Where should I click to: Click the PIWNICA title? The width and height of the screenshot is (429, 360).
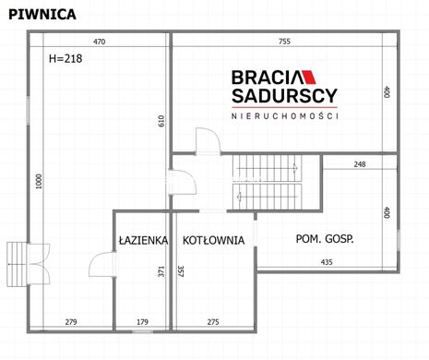pyautogui.click(x=42, y=15)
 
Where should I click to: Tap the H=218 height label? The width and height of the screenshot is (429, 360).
pyautogui.click(x=66, y=58)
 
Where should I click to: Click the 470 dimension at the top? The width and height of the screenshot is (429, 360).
pyautogui.click(x=99, y=42)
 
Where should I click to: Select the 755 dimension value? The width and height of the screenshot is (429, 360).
pyautogui.click(x=284, y=42)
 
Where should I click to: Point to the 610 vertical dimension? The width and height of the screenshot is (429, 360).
pyautogui.click(x=161, y=121)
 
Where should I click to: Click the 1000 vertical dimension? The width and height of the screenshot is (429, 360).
pyautogui.click(x=39, y=182)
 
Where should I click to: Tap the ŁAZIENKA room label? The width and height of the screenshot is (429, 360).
pyautogui.click(x=143, y=240)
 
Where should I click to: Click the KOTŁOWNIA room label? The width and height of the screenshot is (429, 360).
pyautogui.click(x=213, y=240)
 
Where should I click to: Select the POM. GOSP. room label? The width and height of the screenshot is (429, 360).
pyautogui.click(x=325, y=239)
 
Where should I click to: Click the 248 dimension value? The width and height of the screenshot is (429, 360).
pyautogui.click(x=360, y=164)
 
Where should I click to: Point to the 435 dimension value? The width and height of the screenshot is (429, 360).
pyautogui.click(x=327, y=262)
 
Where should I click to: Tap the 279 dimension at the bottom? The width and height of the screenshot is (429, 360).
pyautogui.click(x=71, y=322)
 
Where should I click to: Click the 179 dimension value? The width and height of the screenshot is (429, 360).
pyautogui.click(x=142, y=322)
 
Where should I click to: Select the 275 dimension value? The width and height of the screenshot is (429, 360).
pyautogui.click(x=213, y=322)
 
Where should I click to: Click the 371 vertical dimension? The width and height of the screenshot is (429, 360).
pyautogui.click(x=161, y=271)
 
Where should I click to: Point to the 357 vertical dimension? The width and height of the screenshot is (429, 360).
pyautogui.click(x=181, y=271)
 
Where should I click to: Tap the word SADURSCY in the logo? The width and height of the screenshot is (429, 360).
pyautogui.click(x=284, y=96)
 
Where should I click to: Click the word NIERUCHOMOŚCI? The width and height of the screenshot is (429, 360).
pyautogui.click(x=285, y=116)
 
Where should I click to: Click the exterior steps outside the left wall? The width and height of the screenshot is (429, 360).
pyautogui.click(x=17, y=264)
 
